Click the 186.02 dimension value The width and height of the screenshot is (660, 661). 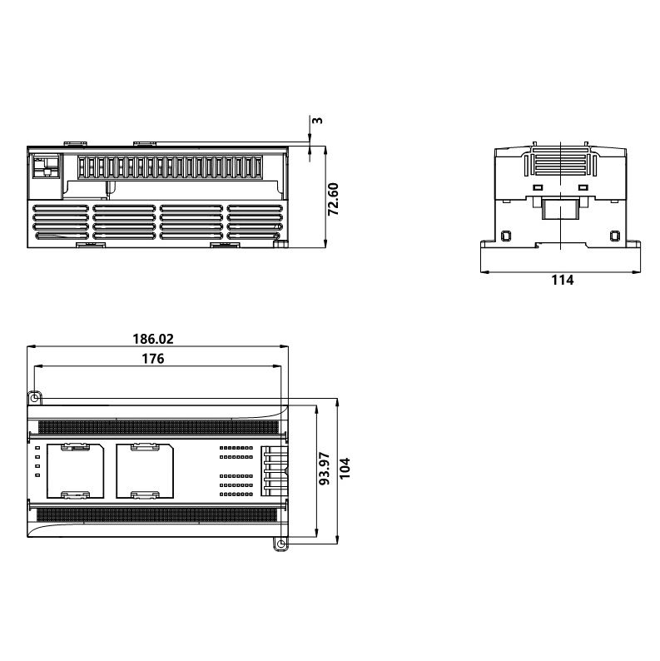153,339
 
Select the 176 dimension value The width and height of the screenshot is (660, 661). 152,359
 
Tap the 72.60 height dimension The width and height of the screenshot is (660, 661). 334,199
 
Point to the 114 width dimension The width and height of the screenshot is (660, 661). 563,280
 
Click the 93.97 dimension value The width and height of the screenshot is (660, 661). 325,469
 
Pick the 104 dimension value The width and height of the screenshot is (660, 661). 345,468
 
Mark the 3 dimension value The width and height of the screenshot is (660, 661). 318,120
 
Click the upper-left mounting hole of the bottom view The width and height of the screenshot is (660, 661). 35,398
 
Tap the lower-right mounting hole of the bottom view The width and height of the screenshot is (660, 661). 280,544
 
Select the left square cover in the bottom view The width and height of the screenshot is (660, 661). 76,471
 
